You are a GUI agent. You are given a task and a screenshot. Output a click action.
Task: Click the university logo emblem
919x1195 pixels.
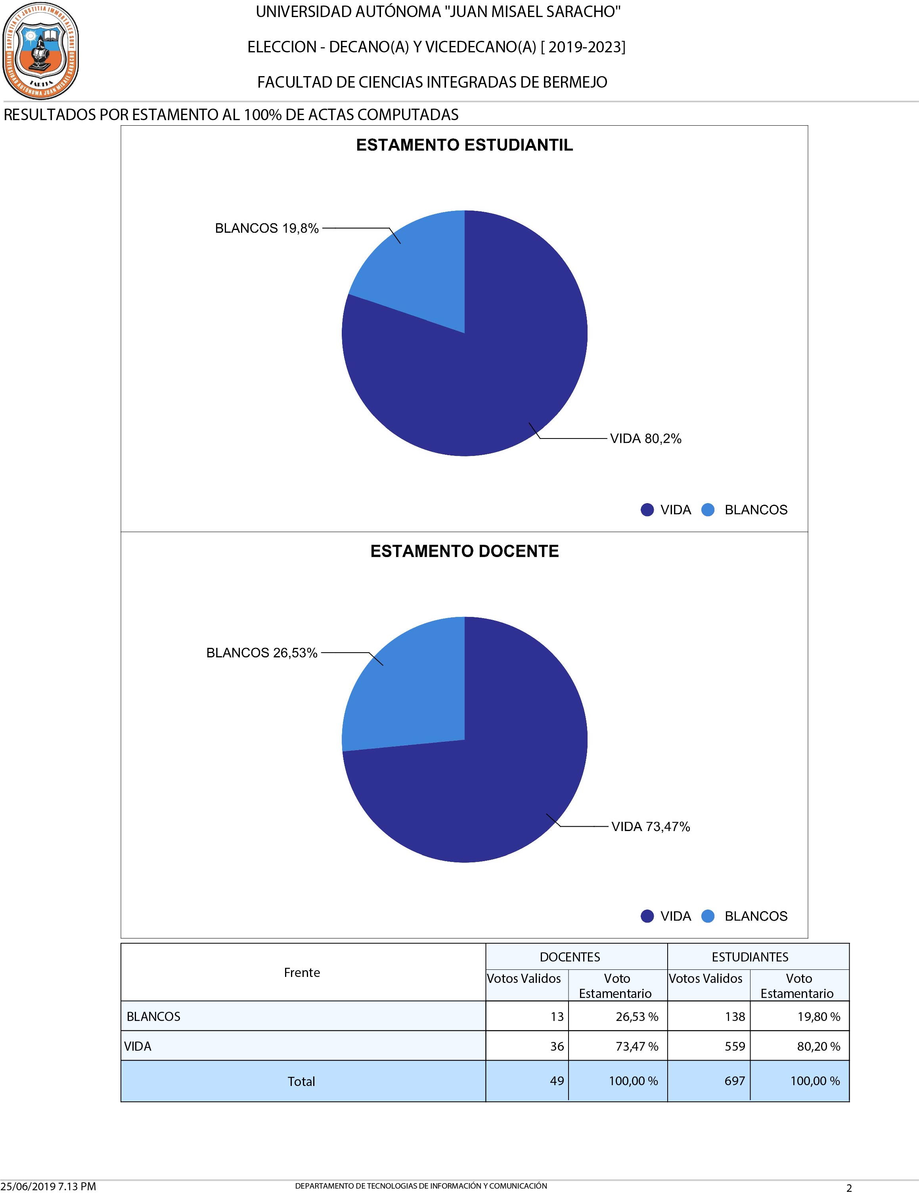click(x=40, y=50)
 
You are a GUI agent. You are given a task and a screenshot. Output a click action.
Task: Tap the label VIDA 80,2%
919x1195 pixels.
click(x=645, y=439)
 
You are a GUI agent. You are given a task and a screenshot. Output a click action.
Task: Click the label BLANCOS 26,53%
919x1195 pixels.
click(x=262, y=653)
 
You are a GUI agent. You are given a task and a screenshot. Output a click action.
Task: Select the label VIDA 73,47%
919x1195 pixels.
click(x=651, y=826)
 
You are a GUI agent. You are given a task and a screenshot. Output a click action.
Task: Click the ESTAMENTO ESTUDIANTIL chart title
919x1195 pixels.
click(x=464, y=145)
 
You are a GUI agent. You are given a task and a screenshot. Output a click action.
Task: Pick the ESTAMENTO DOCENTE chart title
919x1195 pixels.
click(x=464, y=551)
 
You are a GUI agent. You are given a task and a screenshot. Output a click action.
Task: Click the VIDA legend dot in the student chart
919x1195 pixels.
click(x=647, y=510)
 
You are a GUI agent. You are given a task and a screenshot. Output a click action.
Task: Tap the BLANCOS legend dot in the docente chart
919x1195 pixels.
click(x=708, y=916)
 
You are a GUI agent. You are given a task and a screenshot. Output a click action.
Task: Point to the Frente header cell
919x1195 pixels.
click(x=302, y=973)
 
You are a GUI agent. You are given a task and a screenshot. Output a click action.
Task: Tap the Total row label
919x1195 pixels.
click(x=301, y=1081)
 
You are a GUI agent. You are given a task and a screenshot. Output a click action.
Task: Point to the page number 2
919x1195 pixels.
click(x=849, y=1188)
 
